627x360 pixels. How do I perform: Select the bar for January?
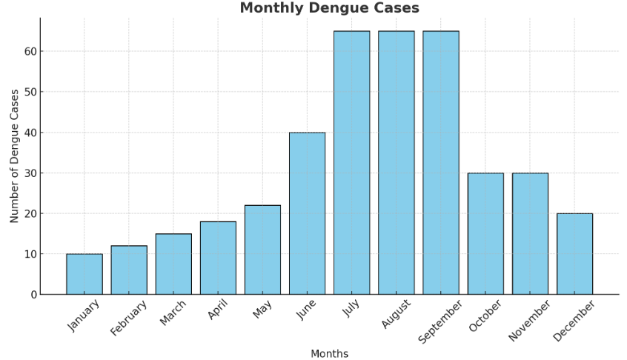pyautogui.click(x=84, y=274)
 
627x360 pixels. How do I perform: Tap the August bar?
pyautogui.click(x=397, y=163)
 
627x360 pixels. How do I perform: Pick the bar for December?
pyautogui.click(x=574, y=254)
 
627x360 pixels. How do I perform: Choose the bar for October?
pyautogui.click(x=485, y=233)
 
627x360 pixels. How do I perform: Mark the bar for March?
pyautogui.click(x=173, y=264)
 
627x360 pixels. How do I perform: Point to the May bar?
pyautogui.click(x=262, y=250)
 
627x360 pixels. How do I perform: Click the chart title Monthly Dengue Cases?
pyautogui.click(x=329, y=8)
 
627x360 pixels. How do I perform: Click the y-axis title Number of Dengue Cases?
pyautogui.click(x=15, y=156)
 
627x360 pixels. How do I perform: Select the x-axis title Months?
pyautogui.click(x=329, y=354)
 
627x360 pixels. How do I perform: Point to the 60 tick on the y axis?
pyautogui.click(x=30, y=52)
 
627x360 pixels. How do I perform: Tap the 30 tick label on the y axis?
pyautogui.click(x=30, y=173)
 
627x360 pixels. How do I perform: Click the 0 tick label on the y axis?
pyautogui.click(x=33, y=295)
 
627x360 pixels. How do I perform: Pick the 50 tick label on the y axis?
pyautogui.click(x=30, y=92)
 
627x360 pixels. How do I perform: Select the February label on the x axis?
pyautogui.click(x=129, y=319)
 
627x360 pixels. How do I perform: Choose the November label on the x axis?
pyautogui.click(x=529, y=320)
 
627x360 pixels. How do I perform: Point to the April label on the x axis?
pyautogui.click(x=219, y=310)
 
